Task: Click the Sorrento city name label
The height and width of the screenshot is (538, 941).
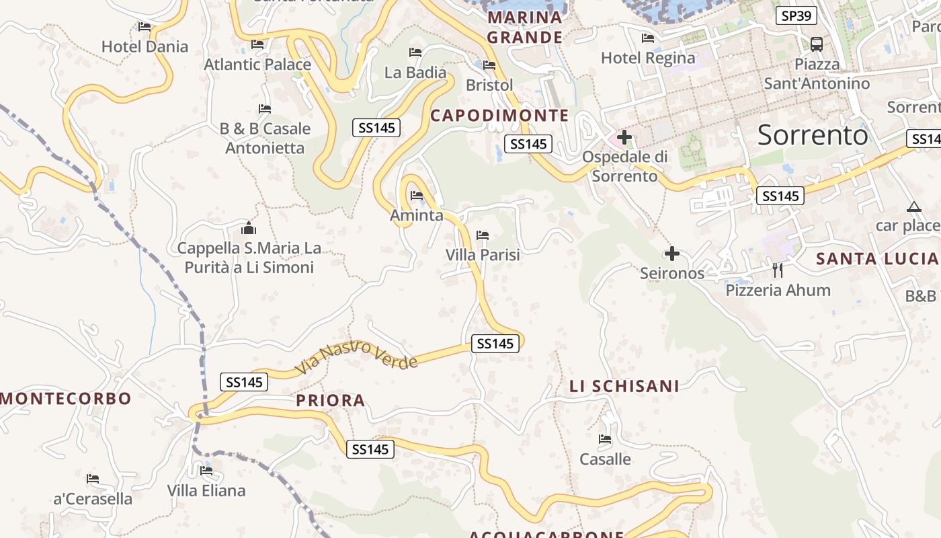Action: click(x=813, y=135)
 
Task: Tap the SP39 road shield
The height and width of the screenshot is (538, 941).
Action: click(x=796, y=15)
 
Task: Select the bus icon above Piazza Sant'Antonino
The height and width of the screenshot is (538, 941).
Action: click(x=817, y=44)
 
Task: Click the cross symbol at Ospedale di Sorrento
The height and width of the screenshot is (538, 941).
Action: click(x=624, y=138)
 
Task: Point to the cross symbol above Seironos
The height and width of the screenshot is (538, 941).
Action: click(x=671, y=254)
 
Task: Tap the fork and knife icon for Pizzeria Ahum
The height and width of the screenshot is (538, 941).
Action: click(x=778, y=270)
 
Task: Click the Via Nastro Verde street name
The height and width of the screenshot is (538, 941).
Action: click(x=356, y=358)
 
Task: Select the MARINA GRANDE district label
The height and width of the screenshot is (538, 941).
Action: click(x=525, y=27)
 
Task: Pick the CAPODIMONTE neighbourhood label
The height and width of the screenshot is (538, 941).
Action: click(x=499, y=115)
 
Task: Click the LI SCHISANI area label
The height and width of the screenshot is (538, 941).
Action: click(x=624, y=386)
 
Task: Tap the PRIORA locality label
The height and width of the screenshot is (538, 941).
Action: click(x=331, y=401)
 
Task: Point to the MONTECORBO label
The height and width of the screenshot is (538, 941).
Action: click(x=66, y=398)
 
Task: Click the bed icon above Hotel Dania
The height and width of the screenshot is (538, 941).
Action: click(x=145, y=27)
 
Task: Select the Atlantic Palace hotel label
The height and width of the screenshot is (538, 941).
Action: click(x=257, y=65)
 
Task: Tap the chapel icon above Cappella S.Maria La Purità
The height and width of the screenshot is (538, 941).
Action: click(x=249, y=229)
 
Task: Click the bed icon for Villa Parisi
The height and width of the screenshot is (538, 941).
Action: click(x=482, y=235)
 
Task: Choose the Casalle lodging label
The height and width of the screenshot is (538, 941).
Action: click(x=606, y=459)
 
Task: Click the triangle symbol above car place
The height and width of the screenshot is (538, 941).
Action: click(x=913, y=206)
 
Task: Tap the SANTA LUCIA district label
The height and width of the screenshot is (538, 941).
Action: click(x=876, y=258)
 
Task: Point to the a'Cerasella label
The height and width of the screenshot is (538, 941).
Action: click(x=93, y=498)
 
